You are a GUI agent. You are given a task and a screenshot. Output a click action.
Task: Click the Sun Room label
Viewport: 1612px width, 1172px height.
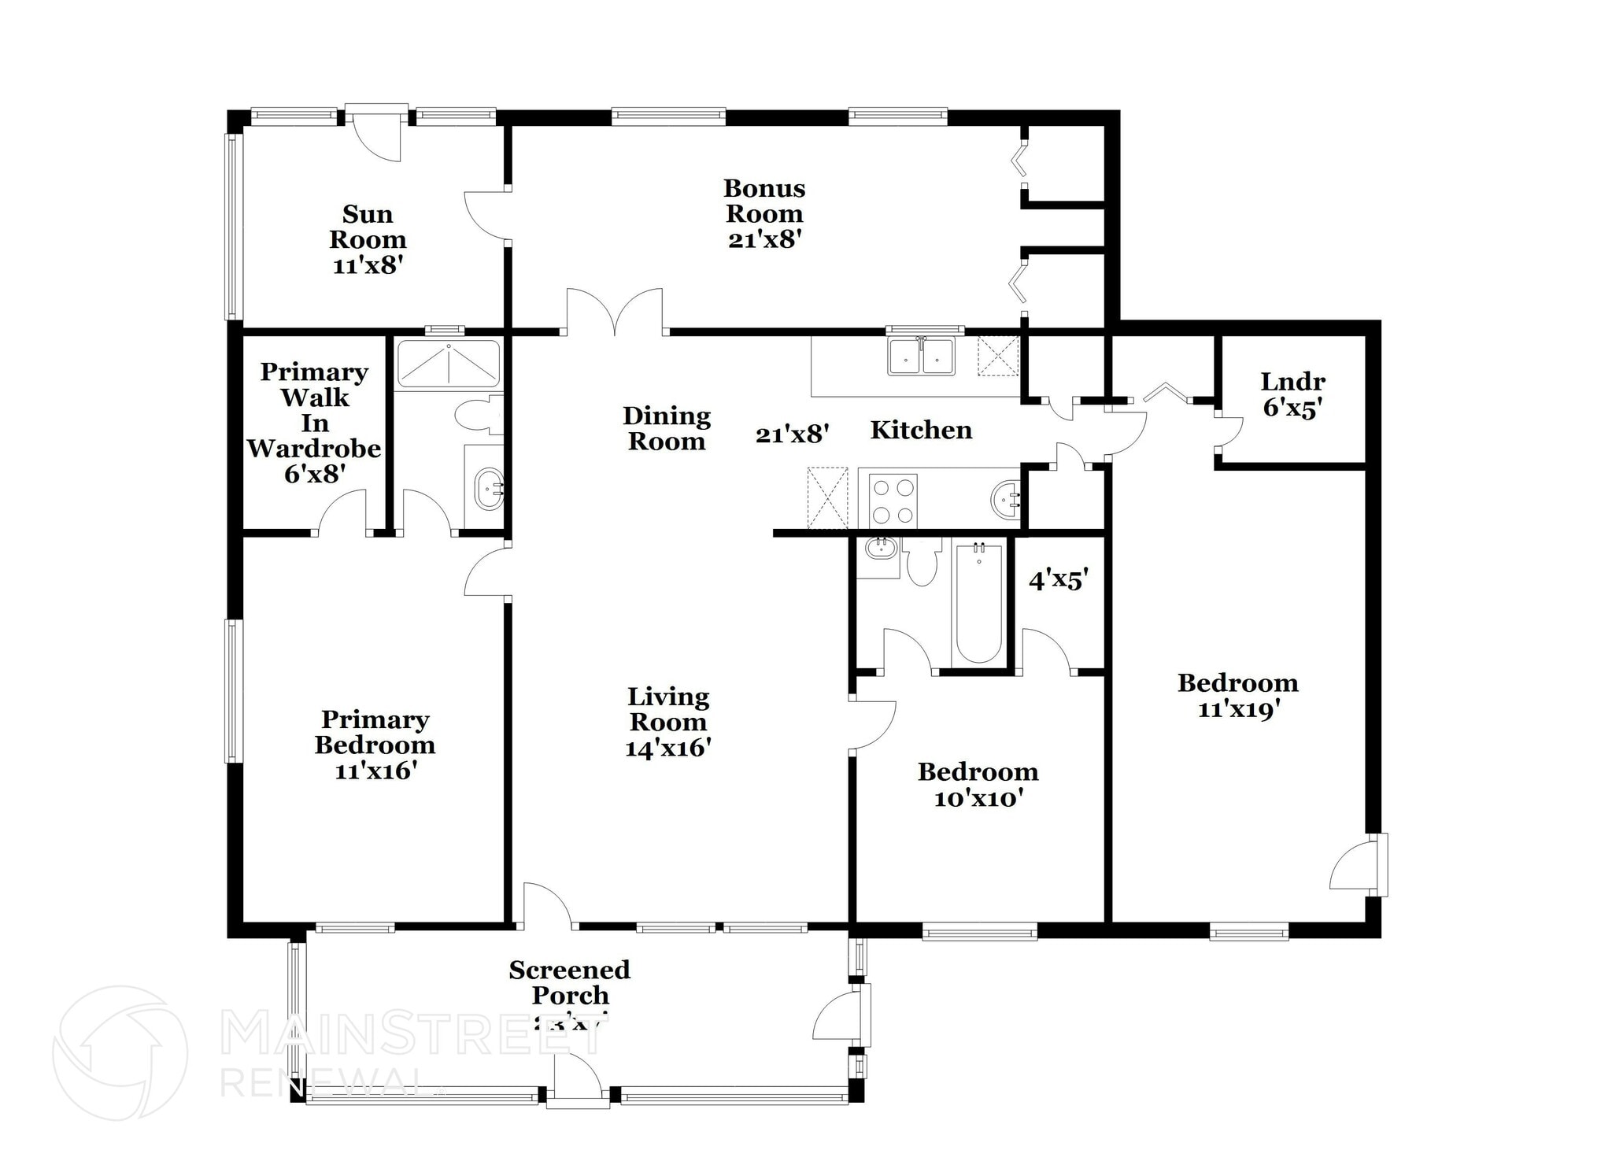point(367,238)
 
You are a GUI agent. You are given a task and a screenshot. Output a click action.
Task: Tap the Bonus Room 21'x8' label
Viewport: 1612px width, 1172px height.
point(764,213)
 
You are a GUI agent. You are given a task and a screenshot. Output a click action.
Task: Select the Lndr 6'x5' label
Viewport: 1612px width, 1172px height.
point(1292,394)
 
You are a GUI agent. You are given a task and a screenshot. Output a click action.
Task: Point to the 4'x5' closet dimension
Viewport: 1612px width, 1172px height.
point(1059,580)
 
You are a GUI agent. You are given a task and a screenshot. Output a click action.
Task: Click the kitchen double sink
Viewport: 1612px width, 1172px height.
point(921,356)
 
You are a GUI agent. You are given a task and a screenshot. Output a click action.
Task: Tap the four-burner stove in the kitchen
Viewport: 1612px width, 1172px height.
point(893,501)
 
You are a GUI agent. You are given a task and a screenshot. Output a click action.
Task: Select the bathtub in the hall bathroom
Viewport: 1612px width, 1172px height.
point(978,602)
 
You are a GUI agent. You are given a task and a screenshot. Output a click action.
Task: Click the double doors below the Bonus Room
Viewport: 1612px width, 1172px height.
point(614,312)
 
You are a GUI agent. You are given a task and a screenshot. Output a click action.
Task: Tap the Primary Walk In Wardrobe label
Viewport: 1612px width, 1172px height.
point(314,422)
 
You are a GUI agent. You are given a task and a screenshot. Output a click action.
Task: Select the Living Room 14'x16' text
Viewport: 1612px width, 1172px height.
point(668,722)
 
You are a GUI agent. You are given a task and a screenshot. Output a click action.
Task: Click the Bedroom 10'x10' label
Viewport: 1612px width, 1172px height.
point(978,784)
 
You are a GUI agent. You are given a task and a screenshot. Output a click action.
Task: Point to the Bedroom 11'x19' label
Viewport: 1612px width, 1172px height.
point(1237,695)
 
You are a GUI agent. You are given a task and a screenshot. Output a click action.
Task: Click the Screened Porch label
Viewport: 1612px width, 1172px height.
point(569,983)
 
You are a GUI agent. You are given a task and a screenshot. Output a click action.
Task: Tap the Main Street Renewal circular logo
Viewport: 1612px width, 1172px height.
point(120,1052)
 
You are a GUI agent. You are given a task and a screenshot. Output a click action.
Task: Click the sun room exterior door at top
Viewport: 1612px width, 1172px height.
point(376,134)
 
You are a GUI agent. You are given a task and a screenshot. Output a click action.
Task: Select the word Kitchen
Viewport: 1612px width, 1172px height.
point(921,430)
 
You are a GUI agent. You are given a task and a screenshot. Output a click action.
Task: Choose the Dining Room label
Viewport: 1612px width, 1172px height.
point(667,428)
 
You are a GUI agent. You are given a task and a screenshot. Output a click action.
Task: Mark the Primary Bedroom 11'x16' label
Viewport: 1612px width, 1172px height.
point(375,745)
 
